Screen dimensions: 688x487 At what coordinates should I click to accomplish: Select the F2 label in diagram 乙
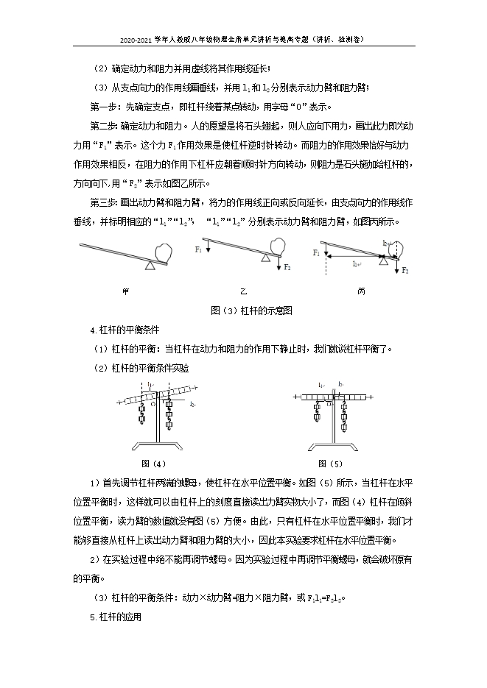[x=287, y=268]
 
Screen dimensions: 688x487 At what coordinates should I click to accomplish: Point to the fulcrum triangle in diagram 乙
[x=265, y=258]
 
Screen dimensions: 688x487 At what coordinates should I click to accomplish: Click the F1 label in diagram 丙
[x=316, y=252]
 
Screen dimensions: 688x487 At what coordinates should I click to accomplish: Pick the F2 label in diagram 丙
[x=404, y=271]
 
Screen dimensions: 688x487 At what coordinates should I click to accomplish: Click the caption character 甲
[x=125, y=291]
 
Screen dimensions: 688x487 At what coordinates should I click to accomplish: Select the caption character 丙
[x=361, y=291]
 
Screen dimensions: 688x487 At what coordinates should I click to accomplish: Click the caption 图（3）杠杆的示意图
[x=243, y=311]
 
